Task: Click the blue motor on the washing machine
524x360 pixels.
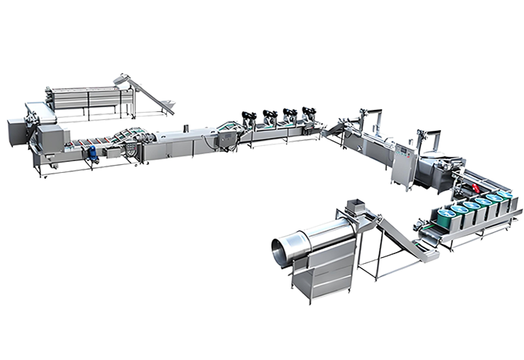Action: [93, 153]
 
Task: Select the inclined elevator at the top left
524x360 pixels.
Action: [145, 95]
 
